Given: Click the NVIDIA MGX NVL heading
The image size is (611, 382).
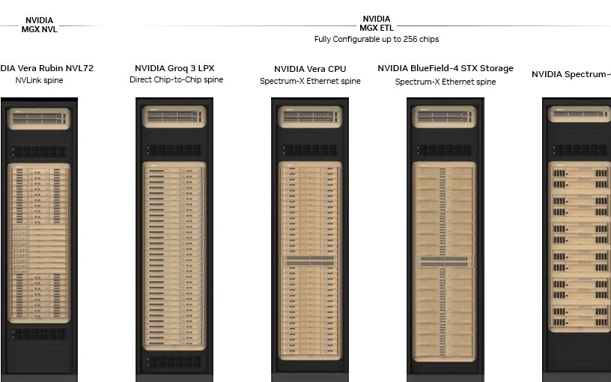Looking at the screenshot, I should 39,25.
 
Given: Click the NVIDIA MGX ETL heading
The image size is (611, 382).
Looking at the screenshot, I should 376,23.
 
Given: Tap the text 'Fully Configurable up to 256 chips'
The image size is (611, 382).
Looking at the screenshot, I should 376,39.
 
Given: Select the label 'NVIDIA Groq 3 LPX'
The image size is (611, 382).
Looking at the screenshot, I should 174,68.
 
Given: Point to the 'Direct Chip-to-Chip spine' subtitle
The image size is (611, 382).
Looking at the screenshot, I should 176,80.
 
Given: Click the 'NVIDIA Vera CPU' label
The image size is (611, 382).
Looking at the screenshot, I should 310,69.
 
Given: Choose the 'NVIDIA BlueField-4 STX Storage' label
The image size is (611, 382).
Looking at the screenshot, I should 446,68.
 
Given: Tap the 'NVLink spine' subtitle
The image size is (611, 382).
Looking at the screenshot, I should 39,80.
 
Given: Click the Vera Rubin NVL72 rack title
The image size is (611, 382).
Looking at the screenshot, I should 46,68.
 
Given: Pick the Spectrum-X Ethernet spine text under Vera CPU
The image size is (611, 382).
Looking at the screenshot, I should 310,81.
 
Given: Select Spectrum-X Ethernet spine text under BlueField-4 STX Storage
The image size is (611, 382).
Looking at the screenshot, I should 446,82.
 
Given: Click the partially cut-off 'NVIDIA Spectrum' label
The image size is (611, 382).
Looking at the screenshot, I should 571,74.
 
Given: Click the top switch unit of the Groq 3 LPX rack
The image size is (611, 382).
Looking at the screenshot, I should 174,117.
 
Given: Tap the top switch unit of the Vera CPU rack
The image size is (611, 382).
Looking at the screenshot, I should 310,117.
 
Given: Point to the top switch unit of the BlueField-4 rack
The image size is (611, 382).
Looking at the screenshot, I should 446,117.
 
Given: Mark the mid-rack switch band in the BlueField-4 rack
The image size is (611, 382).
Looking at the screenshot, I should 446,261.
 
